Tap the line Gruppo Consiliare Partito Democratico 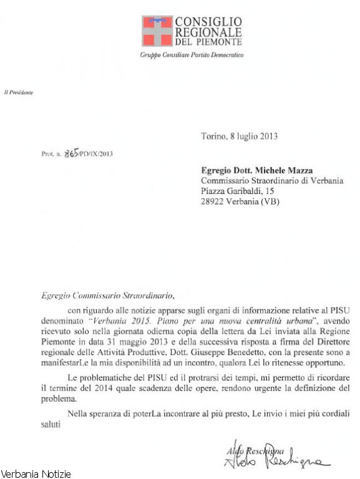click(x=192, y=55)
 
